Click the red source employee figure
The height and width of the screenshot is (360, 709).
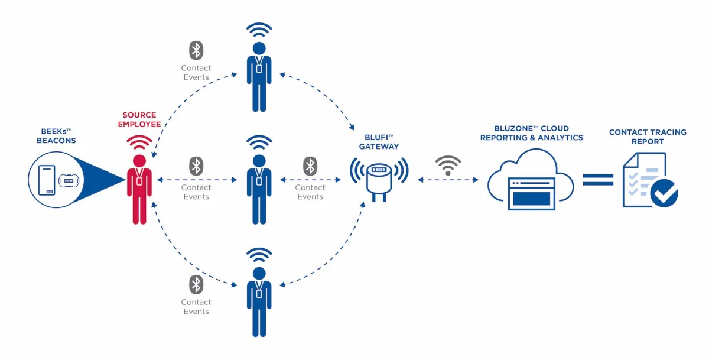(139, 189)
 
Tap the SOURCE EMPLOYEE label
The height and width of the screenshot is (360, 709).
(139, 119)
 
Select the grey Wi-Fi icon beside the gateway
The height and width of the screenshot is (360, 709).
(448, 165)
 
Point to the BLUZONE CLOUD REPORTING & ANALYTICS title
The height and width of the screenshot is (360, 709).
(531, 133)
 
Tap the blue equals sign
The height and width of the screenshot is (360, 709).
(598, 180)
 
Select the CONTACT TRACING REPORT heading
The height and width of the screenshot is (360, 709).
(648, 137)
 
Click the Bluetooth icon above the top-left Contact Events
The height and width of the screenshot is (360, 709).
(196, 50)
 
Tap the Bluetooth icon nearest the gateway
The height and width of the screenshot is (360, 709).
(310, 166)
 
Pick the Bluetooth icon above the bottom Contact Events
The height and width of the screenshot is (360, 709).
(196, 284)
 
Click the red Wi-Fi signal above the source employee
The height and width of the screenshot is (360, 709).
(139, 142)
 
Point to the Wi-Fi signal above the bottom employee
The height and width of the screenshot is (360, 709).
(259, 255)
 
